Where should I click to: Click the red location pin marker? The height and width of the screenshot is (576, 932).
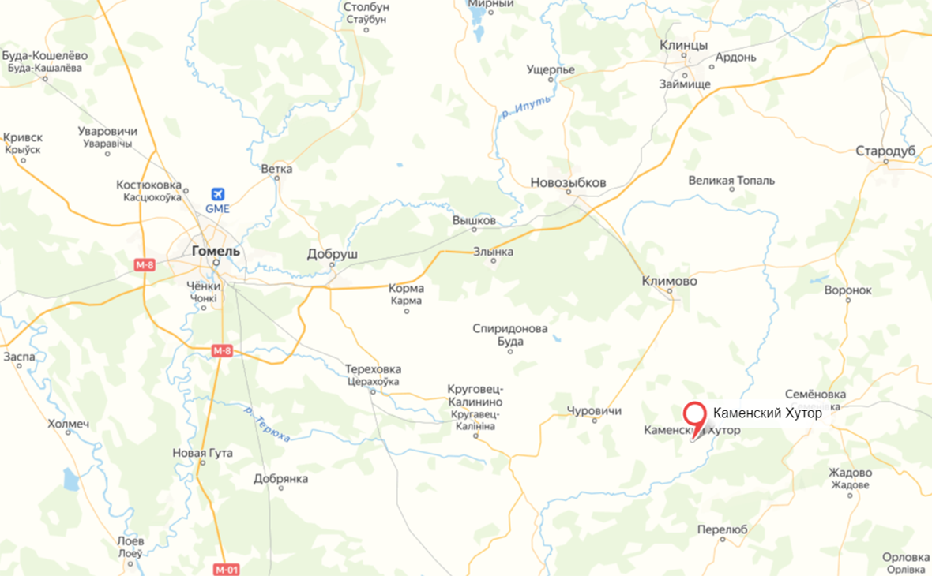click(695, 415)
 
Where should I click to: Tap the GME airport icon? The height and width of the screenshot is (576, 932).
click(217, 194)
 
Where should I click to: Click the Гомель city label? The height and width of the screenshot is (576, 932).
click(216, 251)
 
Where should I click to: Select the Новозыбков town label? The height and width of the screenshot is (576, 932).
click(568, 183)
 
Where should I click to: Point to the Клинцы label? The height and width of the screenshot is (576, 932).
click(683, 45)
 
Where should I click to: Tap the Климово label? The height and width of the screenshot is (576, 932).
click(669, 280)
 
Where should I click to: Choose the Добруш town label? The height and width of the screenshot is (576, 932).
click(332, 255)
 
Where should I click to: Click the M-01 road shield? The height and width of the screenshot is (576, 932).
click(226, 569)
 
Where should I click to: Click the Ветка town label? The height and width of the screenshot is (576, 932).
click(276, 169)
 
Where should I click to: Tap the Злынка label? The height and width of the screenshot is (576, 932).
click(493, 252)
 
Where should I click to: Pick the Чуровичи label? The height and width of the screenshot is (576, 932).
click(594, 411)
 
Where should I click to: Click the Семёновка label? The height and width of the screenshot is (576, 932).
click(816, 394)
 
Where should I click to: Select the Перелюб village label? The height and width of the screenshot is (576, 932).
click(722, 529)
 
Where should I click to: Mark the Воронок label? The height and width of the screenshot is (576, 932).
click(847, 290)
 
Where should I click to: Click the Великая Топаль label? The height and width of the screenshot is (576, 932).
click(731, 180)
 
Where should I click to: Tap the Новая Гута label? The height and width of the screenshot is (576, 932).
click(202, 453)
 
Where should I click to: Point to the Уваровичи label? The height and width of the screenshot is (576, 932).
click(108, 131)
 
